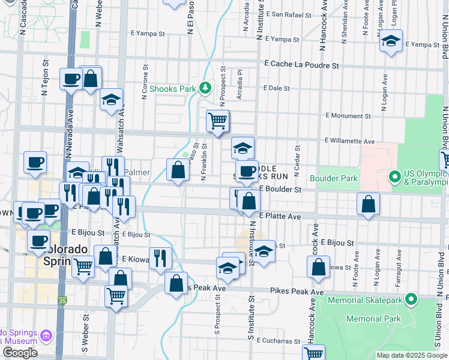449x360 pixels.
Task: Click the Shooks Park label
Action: pos(173,89)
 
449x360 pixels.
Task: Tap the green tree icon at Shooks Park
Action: pos(205,89)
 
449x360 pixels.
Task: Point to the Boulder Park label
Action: pos(334,178)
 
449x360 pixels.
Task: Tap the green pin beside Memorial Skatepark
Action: pos(411,298)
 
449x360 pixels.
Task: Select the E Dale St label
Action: pos(278,88)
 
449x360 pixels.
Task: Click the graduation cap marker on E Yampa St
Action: pos(391,42)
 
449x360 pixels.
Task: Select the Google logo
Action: pos(20,353)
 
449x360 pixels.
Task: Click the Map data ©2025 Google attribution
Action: pos(412,355)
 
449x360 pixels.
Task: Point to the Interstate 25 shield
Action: pos(63,300)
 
